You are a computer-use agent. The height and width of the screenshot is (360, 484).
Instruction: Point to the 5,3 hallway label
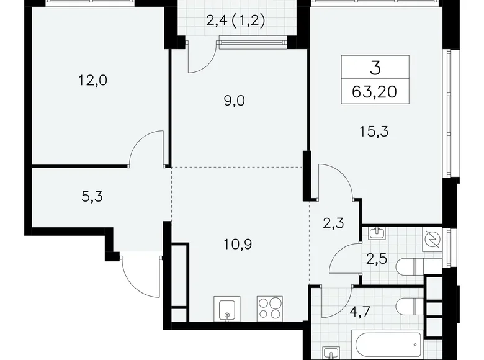point(91,197)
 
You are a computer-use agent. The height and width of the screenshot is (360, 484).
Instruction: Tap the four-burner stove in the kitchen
point(270,308)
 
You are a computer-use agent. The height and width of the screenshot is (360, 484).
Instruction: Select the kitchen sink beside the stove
point(228,308)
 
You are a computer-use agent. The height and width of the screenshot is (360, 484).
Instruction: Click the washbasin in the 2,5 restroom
point(377,233)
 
